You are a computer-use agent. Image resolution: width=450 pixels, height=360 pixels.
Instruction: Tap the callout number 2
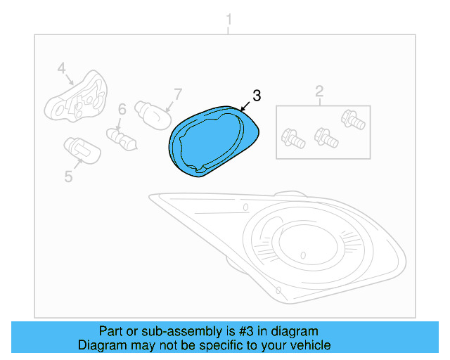pyautogui.click(x=319, y=91)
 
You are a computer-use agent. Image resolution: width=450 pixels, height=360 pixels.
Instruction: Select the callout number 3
pyautogui.click(x=257, y=96)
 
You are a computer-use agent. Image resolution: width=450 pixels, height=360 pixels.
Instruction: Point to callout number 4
pyautogui.click(x=61, y=68)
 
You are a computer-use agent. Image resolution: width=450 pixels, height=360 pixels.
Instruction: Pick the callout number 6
pyautogui.click(x=122, y=109)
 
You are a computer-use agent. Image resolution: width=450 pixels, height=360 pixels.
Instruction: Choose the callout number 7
pyautogui.click(x=178, y=93)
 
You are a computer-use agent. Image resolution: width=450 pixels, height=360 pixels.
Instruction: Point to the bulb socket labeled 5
pyautogui.click(x=78, y=149)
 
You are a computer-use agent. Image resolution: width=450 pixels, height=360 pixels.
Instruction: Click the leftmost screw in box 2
pyautogui.click(x=292, y=138)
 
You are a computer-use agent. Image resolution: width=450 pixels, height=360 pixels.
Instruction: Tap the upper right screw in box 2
pyautogui.click(x=352, y=119)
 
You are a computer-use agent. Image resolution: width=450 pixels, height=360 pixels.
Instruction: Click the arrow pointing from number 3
pyautogui.click(x=245, y=106)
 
